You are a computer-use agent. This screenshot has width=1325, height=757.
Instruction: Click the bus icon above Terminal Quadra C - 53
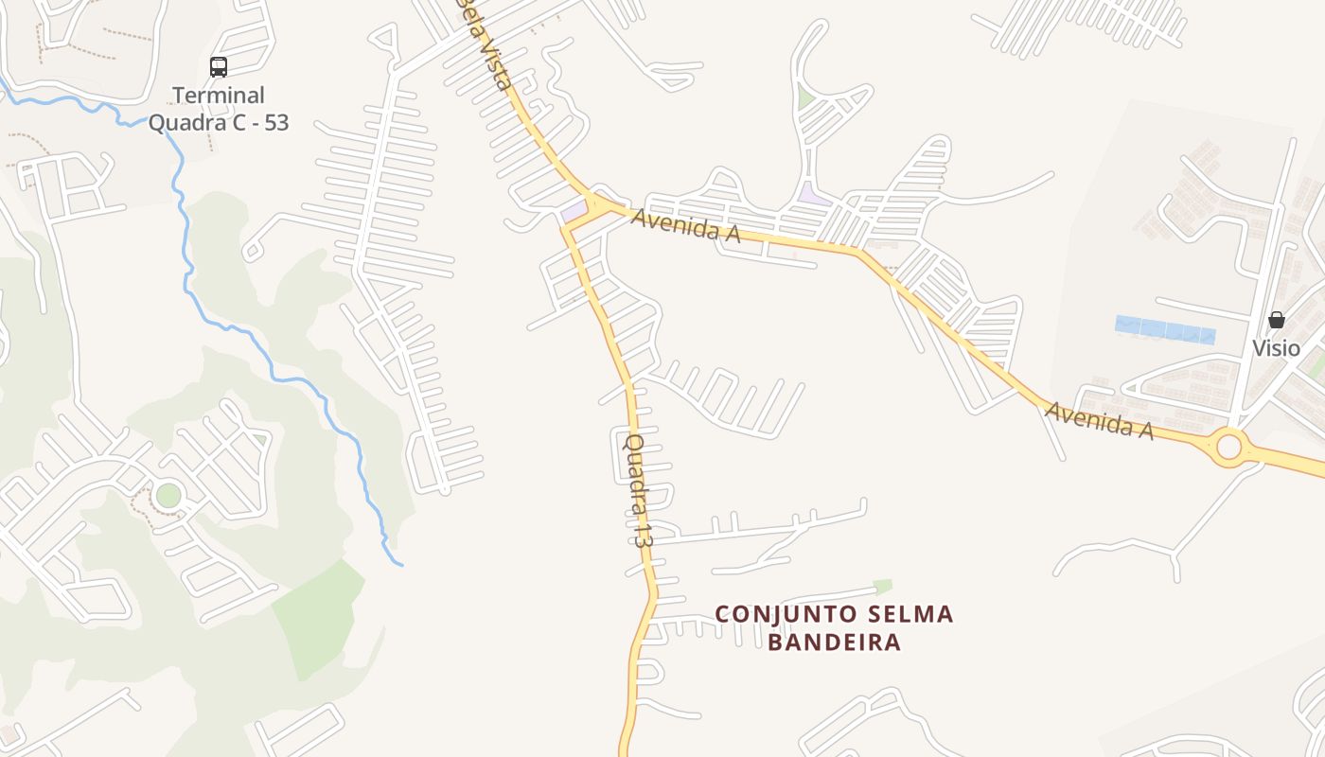(219, 67)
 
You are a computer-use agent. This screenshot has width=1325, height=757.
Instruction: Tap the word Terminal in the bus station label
(219, 96)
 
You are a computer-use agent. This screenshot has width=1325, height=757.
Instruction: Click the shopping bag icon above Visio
(1276, 320)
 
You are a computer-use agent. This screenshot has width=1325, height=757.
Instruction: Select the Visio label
(1276, 348)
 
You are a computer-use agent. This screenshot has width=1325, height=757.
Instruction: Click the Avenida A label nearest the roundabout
(1098, 421)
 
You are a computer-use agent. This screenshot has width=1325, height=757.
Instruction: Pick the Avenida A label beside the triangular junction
(685, 225)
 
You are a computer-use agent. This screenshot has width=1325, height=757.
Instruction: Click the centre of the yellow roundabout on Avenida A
(1228, 445)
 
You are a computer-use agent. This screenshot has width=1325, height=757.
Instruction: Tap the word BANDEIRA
(834, 643)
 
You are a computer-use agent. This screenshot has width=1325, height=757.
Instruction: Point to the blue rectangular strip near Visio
(1165, 329)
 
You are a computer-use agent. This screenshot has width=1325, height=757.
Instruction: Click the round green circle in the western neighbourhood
(168, 494)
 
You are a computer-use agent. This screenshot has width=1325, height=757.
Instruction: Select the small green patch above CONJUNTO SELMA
(882, 586)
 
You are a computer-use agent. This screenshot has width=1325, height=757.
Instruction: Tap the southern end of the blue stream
(401, 565)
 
